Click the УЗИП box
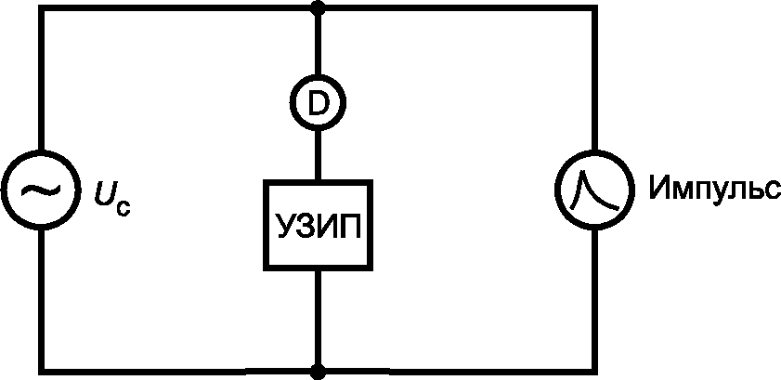pyautogui.click(x=318, y=224)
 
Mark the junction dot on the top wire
pyautogui.click(x=318, y=8)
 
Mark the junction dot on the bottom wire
pyautogui.click(x=318, y=372)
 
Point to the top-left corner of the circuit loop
pyautogui.click(x=40, y=8)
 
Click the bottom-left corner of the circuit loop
pyautogui.click(x=40, y=372)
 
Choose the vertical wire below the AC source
pyautogui.click(x=40, y=297)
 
